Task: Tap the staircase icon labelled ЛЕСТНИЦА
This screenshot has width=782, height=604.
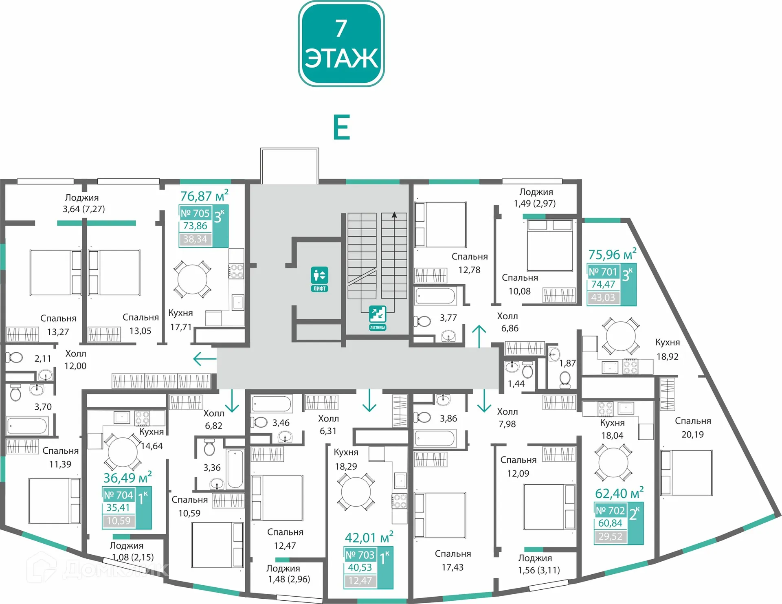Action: pos(378,318)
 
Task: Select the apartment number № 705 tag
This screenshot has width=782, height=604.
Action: pos(195,213)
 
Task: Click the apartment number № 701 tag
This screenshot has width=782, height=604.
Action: pos(603,271)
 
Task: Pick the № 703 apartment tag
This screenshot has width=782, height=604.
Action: pos(360,555)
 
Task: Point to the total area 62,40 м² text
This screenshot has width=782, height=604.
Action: pos(619,493)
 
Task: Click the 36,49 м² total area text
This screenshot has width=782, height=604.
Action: pos(127,477)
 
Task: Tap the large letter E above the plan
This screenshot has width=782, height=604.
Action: pos(341,127)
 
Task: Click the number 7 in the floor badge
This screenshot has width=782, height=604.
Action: pos(341,28)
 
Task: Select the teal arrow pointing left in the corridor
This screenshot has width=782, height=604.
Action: pos(204,359)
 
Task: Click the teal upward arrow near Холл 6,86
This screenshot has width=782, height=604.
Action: pos(479,336)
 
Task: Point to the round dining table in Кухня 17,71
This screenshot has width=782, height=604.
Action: pos(192,279)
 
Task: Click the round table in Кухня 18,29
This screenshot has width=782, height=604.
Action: pos(356,492)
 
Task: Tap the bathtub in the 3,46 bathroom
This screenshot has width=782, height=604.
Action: pos(271,404)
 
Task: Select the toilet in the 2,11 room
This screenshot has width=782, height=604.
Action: pos(15,358)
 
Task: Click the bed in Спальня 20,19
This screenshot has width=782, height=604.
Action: pos(686,472)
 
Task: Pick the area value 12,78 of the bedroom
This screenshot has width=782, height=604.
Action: pos(469,270)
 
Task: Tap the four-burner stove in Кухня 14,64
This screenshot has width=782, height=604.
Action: pos(142,418)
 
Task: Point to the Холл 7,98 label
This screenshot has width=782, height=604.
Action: pos(507,418)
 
